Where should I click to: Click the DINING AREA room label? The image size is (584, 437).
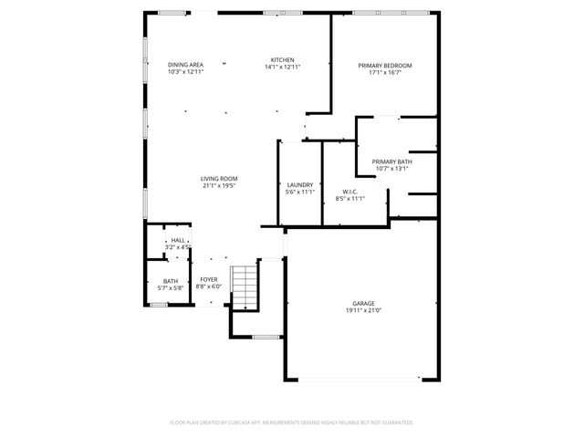(185, 65)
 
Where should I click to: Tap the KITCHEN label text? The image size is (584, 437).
(282, 59)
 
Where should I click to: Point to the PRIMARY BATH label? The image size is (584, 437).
(391, 161)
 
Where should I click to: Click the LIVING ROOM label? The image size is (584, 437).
(219, 178)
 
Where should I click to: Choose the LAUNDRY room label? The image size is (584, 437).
(300, 185)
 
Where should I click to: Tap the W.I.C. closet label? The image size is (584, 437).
(349, 192)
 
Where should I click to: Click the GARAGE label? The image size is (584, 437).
(363, 303)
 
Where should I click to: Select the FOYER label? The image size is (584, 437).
(209, 280)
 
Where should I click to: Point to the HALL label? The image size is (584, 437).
(177, 240)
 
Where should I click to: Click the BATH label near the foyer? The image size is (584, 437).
(171, 281)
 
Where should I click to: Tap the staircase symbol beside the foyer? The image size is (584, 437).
(243, 289)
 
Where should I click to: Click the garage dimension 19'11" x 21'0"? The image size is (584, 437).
(363, 310)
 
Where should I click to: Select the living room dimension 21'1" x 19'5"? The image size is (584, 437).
(219, 185)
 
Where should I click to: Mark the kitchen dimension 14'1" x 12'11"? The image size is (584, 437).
(282, 67)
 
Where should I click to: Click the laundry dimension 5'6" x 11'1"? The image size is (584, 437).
(300, 192)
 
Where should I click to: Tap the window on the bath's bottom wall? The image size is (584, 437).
(159, 305)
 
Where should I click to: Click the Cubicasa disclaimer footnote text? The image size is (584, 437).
(292, 422)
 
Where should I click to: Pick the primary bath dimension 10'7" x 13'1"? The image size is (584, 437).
(391, 168)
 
